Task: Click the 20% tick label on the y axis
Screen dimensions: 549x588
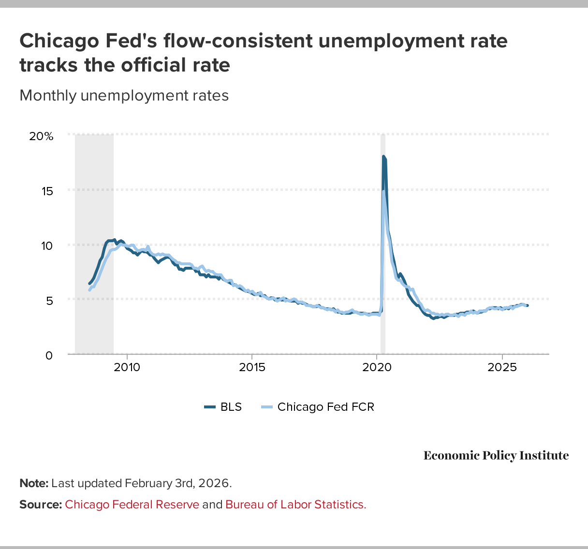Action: (41, 136)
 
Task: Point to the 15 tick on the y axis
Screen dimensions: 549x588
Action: (47, 191)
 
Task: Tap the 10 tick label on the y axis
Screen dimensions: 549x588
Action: (47, 246)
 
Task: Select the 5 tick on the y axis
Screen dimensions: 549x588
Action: (49, 300)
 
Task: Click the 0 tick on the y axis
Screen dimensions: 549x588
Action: (49, 355)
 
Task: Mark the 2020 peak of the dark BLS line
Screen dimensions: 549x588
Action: (383, 157)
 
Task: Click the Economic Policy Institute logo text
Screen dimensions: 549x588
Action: (496, 455)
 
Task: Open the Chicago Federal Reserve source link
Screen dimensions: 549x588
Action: (132, 505)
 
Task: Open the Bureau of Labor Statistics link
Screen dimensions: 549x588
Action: (295, 505)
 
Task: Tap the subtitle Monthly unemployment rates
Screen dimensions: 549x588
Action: (124, 95)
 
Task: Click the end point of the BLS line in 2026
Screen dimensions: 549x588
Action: (527, 305)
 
